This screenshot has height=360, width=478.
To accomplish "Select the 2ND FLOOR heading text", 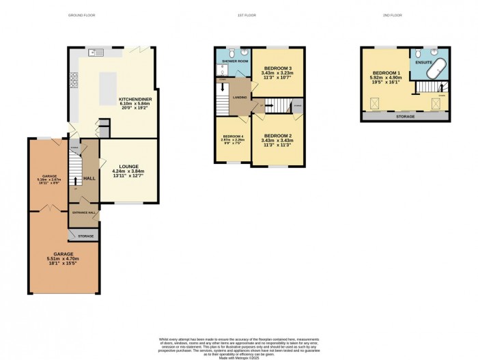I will [x=405, y=15].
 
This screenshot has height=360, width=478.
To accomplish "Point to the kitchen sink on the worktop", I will [x=96, y=52].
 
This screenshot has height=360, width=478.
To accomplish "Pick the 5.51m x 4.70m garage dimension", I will [x=63, y=259].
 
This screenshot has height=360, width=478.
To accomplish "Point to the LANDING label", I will [x=239, y=97].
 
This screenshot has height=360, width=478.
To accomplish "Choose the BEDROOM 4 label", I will [x=231, y=137].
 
